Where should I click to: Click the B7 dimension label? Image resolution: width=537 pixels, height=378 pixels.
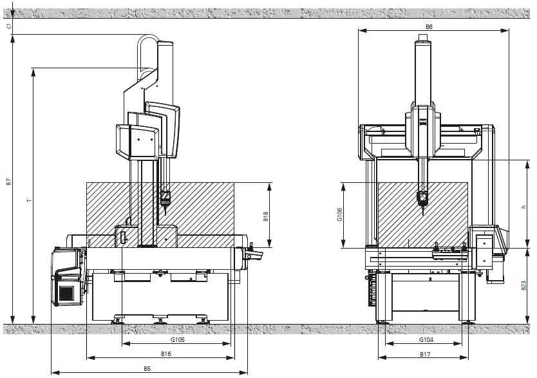[x=8, y=182]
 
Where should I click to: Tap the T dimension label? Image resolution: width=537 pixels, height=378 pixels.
[x=28, y=200]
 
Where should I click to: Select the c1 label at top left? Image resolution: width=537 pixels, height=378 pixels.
[x=8, y=26]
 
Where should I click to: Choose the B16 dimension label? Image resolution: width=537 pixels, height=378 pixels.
[x=165, y=354]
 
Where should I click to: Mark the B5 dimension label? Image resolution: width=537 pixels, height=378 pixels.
[x=147, y=368]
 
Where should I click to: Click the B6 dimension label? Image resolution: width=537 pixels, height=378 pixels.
[x=429, y=26]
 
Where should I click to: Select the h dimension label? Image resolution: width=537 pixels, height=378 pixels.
[x=525, y=207]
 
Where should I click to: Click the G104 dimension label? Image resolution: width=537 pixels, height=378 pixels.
[x=426, y=339]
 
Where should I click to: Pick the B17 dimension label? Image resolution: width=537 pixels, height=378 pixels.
[x=425, y=354]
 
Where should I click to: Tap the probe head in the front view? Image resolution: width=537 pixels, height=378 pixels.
[x=422, y=198]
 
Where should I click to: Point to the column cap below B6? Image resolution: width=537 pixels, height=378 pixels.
[x=422, y=43]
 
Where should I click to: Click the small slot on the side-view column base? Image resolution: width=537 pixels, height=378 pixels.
[x=121, y=238]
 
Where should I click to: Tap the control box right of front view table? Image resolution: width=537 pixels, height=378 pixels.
[x=485, y=246]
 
